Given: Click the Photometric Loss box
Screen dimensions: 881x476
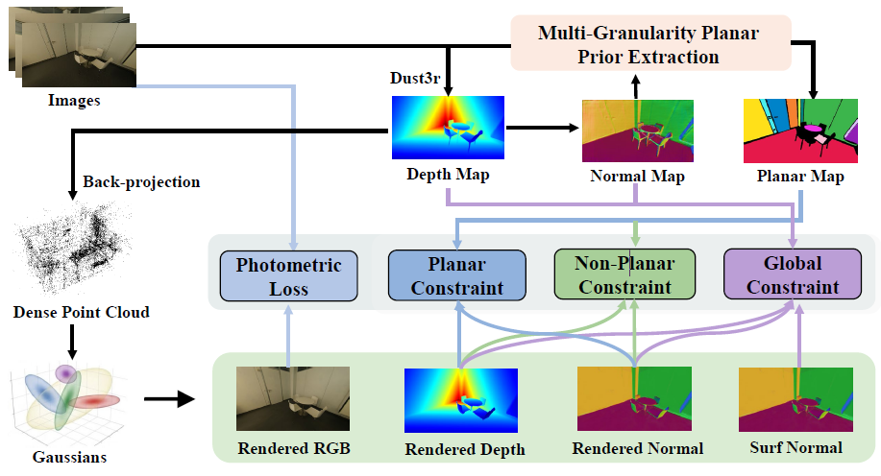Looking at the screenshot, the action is (289, 276).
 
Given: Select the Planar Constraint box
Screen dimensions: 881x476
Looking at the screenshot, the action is (457, 275).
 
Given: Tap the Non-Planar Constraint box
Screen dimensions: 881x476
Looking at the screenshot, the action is (624, 274).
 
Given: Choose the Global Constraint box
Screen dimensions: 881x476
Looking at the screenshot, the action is (793, 274).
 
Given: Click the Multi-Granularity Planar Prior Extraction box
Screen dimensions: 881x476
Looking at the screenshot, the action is (650, 43).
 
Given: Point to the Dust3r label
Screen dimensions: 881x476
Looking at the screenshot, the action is (415, 78).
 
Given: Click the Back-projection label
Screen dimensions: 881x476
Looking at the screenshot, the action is (141, 182).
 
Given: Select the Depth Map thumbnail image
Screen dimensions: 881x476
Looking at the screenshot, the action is (448, 128).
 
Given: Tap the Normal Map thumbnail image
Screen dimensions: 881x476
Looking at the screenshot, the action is (638, 131).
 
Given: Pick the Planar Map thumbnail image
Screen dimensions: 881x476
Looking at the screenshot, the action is (800, 131).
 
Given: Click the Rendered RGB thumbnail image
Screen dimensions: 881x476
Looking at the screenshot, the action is (293, 398).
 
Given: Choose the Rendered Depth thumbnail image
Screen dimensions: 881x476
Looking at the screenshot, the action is (461, 400).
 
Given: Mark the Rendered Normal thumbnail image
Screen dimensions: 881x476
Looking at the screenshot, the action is (634, 398).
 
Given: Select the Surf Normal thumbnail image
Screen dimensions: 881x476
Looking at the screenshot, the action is (795, 399).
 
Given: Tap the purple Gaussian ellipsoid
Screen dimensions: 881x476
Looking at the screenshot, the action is (66, 372).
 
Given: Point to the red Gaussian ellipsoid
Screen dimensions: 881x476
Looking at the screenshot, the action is (94, 401).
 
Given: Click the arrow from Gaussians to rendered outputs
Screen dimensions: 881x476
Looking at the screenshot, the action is (169, 399).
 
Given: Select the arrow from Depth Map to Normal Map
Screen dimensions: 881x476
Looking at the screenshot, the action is (542, 128).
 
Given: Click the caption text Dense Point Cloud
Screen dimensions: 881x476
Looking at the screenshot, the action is (82, 312).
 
